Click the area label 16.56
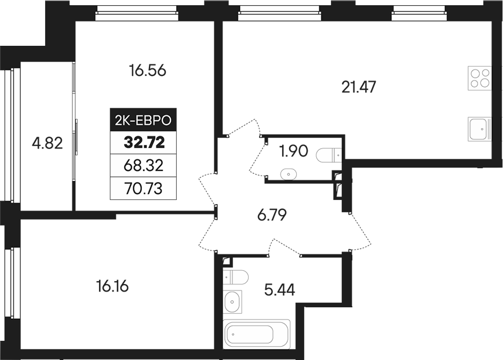(x=148, y=71)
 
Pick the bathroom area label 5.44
(x=279, y=289)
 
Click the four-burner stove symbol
(x=480, y=78)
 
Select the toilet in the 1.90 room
(x=329, y=155)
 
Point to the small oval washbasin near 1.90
(x=287, y=173)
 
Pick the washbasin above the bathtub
(x=233, y=302)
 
